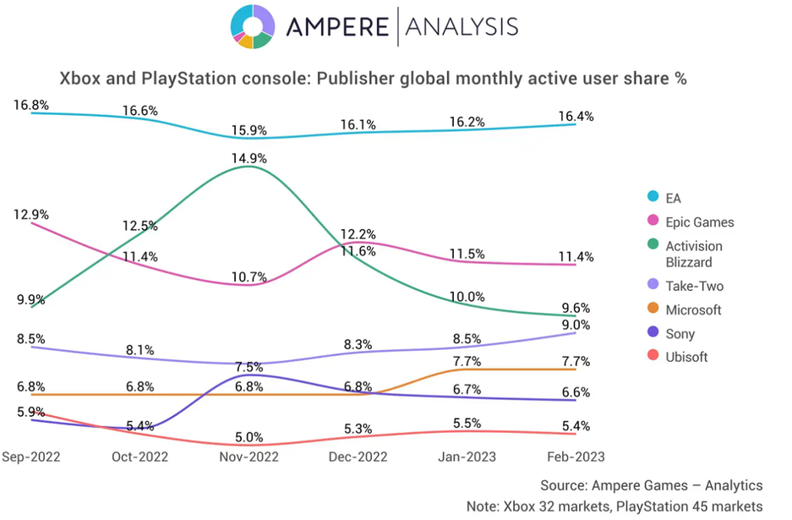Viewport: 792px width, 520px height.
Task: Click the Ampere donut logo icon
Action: pyautogui.click(x=252, y=26)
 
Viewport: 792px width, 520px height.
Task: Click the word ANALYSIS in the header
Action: pyautogui.click(x=462, y=26)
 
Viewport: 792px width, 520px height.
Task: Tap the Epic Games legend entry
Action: pyautogui.click(x=699, y=222)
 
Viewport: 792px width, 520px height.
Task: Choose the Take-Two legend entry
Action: pyautogui.click(x=695, y=287)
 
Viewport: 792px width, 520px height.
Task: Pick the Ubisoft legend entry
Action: pyautogui.click(x=686, y=358)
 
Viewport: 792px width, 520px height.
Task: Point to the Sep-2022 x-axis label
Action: pyautogui.click(x=31, y=457)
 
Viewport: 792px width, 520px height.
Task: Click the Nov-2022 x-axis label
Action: pyautogui.click(x=249, y=457)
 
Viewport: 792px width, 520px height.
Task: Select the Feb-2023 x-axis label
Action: pyautogui.click(x=576, y=457)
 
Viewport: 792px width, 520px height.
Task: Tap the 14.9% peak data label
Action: pyautogui.click(x=249, y=157)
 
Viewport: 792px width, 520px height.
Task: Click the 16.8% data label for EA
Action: pyautogui.click(x=31, y=106)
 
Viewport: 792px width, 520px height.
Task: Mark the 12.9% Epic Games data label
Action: pyautogui.click(x=31, y=215)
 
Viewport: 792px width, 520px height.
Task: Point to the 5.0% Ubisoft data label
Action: pyautogui.click(x=249, y=438)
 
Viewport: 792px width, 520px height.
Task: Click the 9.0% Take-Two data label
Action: pyautogui.click(x=576, y=326)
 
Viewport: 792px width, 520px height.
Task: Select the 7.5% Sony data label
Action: pyautogui.click(x=249, y=368)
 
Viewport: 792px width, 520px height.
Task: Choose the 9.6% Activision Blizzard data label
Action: pyautogui.click(x=576, y=309)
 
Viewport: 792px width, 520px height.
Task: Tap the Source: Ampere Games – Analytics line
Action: pyautogui.click(x=652, y=485)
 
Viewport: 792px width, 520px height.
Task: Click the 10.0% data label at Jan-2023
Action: pyautogui.click(x=467, y=296)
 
